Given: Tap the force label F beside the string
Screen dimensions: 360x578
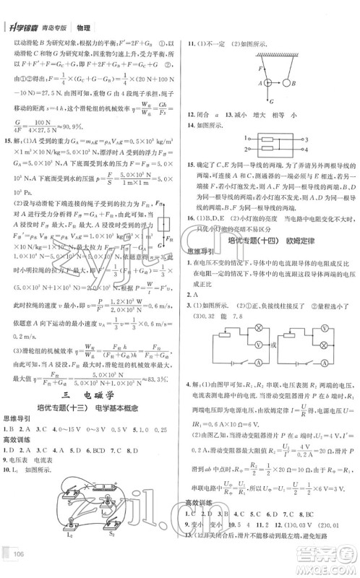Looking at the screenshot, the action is coord(258,70).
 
